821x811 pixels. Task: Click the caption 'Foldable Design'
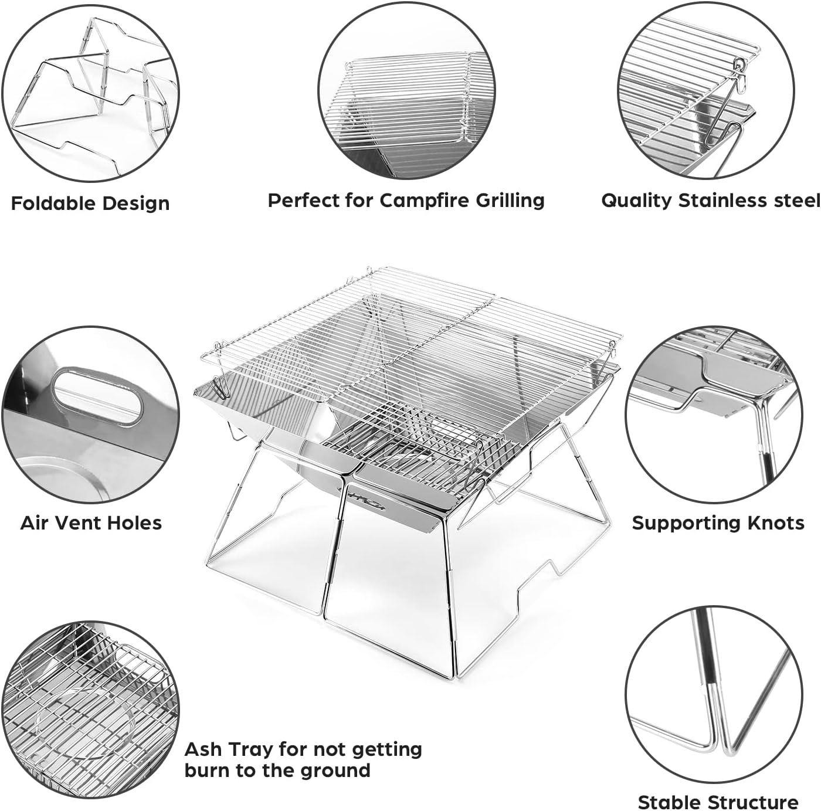point(90,203)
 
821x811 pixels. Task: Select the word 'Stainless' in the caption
point(722,201)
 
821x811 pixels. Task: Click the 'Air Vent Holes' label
point(91,522)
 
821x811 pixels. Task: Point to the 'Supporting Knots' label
point(718,522)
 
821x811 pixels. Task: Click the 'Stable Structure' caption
point(718,802)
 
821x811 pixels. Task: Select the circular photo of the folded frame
point(90,94)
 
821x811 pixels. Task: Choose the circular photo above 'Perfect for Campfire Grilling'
point(407,94)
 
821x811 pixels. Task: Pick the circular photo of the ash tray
point(90,710)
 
